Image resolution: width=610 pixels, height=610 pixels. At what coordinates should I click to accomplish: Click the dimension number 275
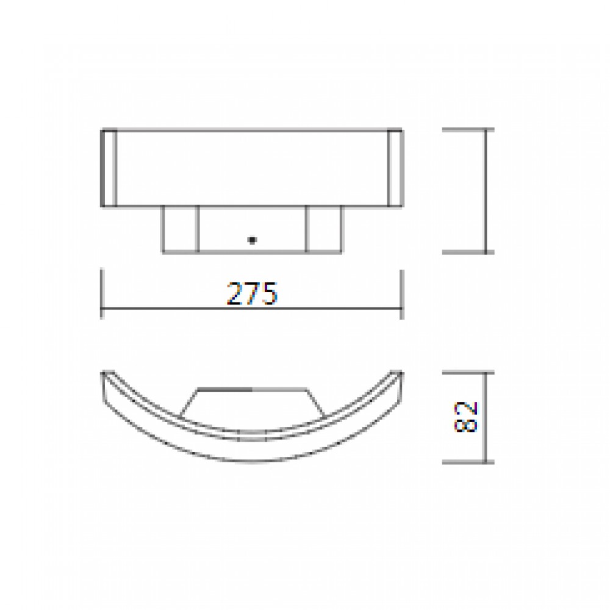pos(252,295)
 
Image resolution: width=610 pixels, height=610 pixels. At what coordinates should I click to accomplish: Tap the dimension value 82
pos(466,417)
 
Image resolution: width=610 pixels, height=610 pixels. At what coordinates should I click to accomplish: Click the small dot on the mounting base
pos(251,240)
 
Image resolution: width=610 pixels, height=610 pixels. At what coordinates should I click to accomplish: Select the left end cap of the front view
pos(109,168)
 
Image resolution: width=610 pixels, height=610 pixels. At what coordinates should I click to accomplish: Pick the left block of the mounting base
pos(180,229)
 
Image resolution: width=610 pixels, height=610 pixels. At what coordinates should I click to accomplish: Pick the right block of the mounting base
pos(324,229)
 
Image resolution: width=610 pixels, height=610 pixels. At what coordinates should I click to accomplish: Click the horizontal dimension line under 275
pos(183,309)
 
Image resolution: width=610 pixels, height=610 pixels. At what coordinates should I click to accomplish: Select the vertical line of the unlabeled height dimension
pos(486,190)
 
